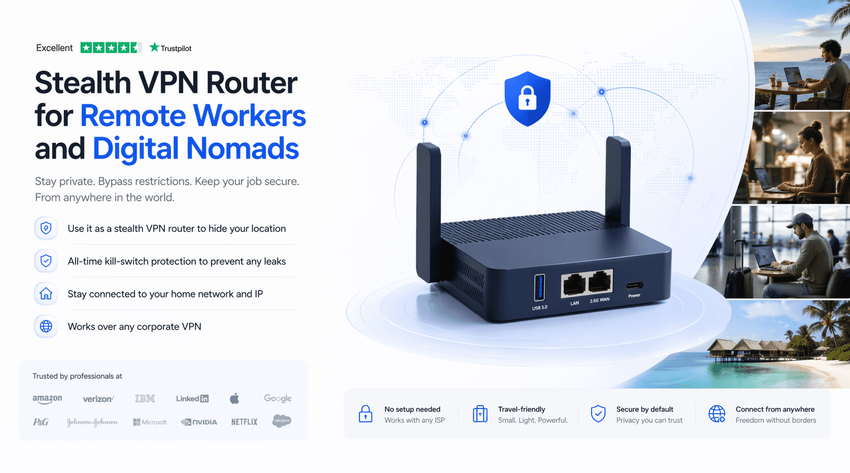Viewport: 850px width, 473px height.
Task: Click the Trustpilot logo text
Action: (x=170, y=48)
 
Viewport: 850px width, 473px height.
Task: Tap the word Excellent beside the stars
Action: (x=54, y=48)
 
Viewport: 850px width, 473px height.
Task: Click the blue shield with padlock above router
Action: (x=527, y=98)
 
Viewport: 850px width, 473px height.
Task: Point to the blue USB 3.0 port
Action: (x=540, y=287)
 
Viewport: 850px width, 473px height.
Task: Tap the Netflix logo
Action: (x=244, y=421)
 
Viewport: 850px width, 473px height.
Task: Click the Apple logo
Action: (x=234, y=399)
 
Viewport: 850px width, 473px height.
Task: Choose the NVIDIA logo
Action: (x=199, y=421)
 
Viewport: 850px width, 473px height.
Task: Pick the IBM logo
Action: (x=145, y=399)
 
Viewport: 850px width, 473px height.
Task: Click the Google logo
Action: (x=278, y=399)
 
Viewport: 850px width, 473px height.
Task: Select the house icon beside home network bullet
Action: (x=46, y=294)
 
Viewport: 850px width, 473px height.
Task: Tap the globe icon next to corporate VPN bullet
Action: (x=46, y=326)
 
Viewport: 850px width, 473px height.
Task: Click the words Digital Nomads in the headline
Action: (x=195, y=148)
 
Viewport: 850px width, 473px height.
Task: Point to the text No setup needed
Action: (x=412, y=409)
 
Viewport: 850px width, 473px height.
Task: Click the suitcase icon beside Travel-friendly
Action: (x=480, y=414)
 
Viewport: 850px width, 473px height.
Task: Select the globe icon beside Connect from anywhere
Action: (x=717, y=414)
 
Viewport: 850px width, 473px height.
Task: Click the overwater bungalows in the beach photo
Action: (x=743, y=349)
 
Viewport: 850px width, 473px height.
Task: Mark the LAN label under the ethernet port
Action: (x=574, y=303)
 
